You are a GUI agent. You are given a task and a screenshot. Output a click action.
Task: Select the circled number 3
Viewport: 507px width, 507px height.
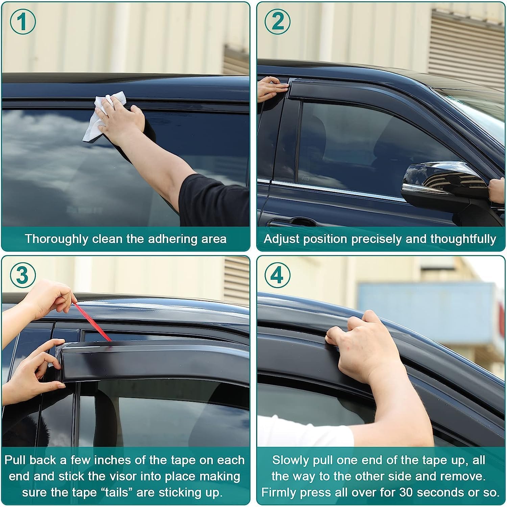point(22,275)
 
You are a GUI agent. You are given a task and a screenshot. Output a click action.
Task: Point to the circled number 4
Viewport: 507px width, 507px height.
point(277,275)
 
